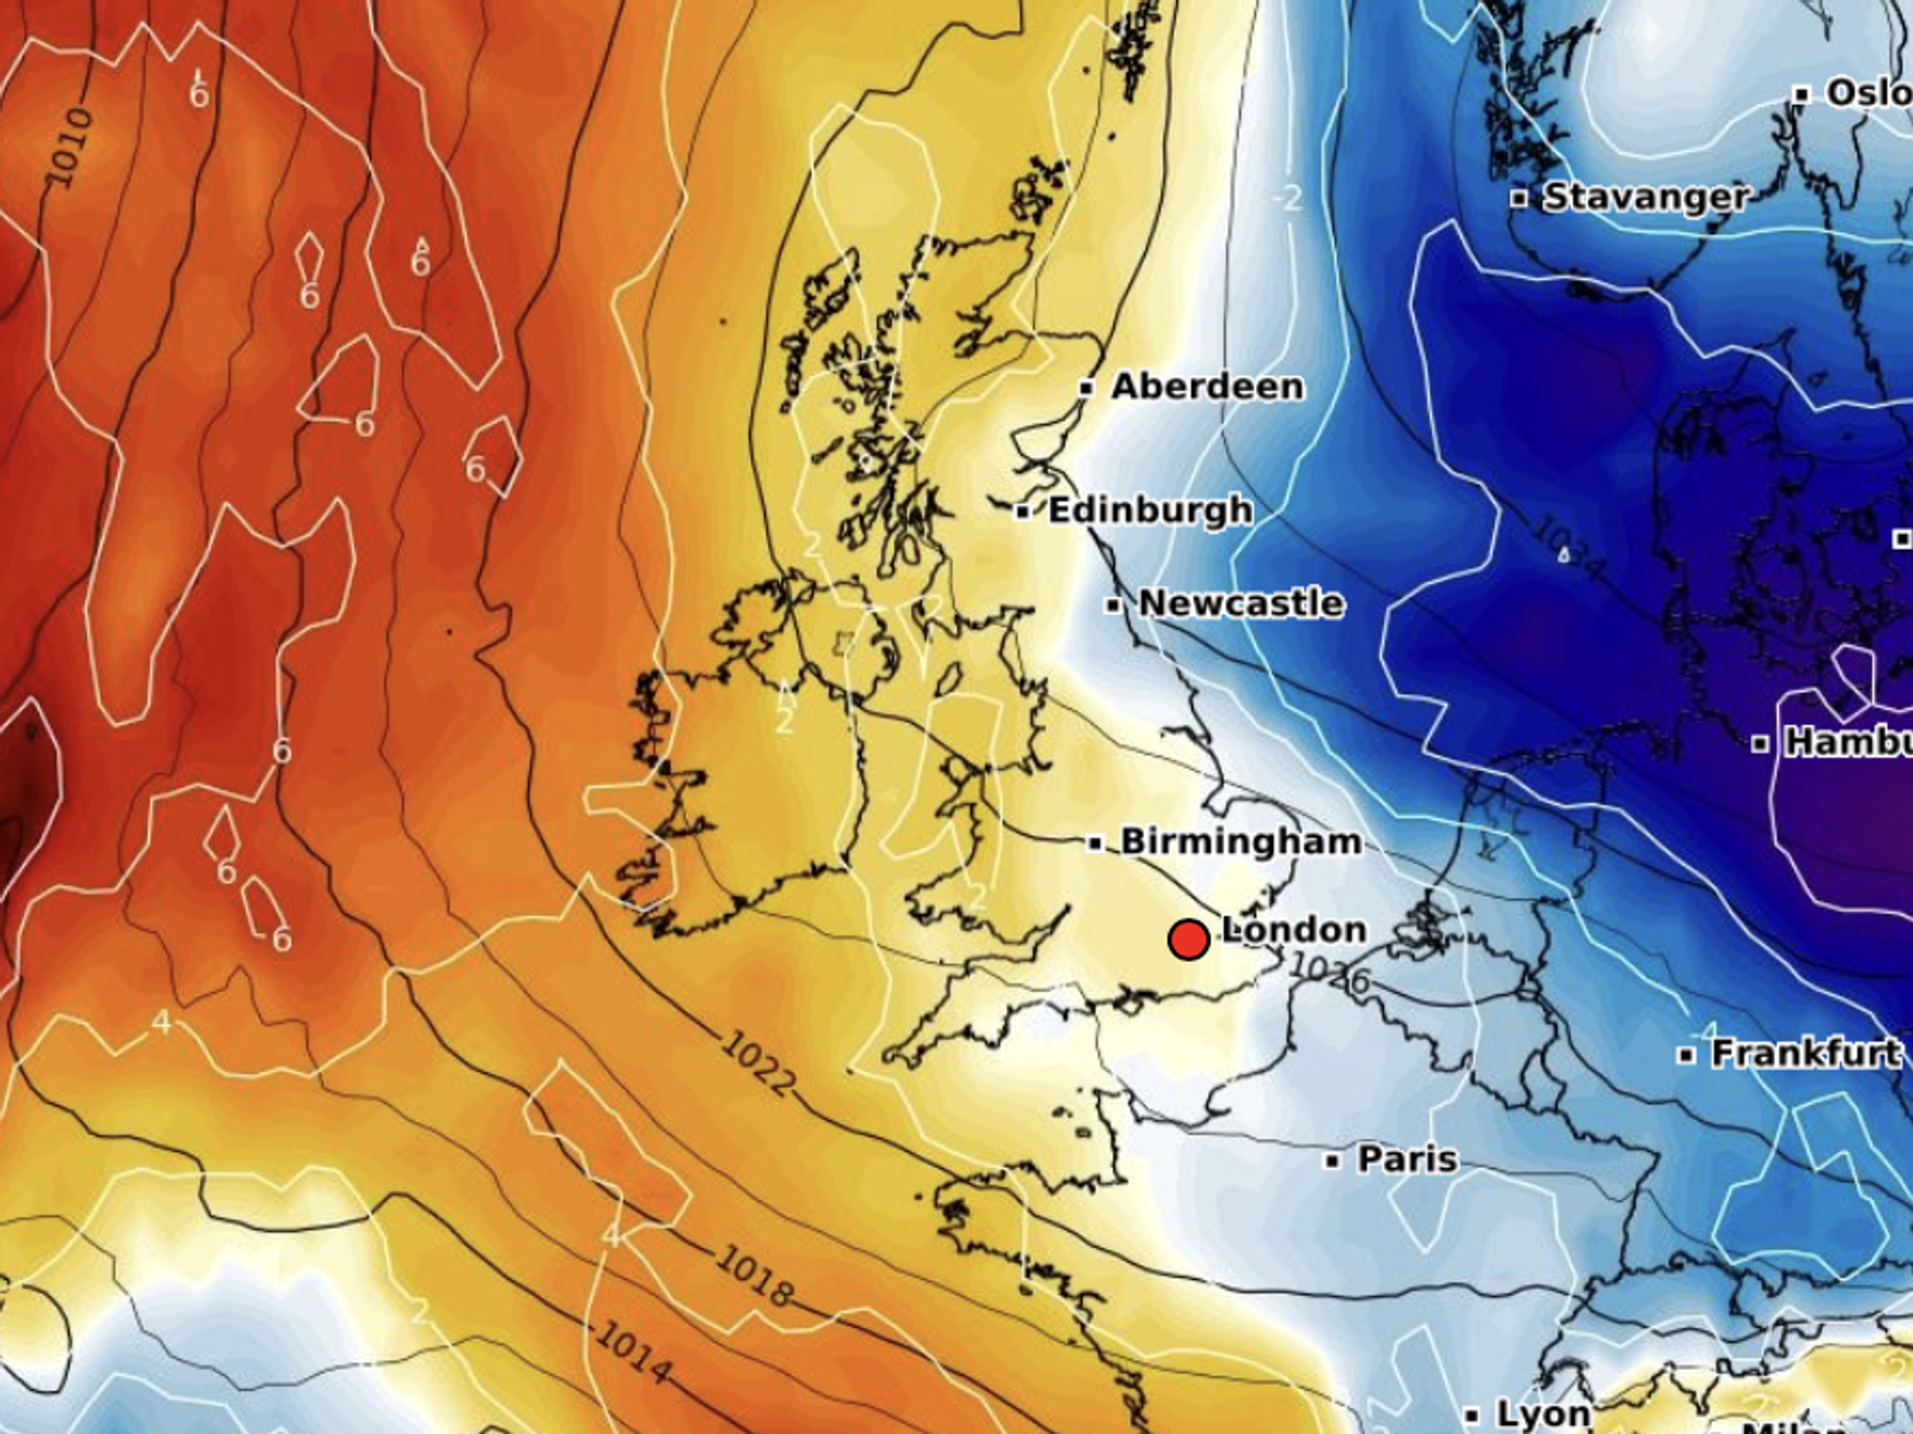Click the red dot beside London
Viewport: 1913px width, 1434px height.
(x=1188, y=939)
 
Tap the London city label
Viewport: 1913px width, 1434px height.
(x=1294, y=930)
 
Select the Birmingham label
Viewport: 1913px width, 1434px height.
(x=1241, y=842)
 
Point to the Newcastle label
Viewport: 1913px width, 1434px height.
(x=1241, y=603)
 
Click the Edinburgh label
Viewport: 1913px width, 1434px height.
(x=1151, y=510)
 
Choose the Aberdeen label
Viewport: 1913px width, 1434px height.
(x=1207, y=386)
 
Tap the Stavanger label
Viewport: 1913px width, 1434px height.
(x=1646, y=197)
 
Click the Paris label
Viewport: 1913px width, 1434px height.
(x=1407, y=1159)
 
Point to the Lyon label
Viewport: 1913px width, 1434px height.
(x=1542, y=1414)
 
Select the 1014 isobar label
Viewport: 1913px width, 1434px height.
(x=632, y=1354)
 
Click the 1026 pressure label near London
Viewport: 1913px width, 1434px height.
(x=1330, y=972)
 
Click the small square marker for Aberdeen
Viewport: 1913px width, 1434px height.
(x=1086, y=388)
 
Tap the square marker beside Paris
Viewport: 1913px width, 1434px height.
(x=1332, y=1161)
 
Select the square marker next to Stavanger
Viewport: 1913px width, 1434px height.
(x=1518, y=199)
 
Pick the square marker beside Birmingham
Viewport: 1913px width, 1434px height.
(x=1095, y=844)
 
